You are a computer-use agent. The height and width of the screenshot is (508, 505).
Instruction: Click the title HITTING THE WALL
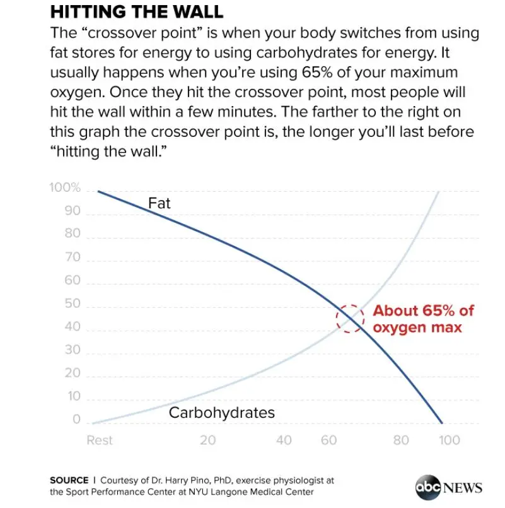point(136,12)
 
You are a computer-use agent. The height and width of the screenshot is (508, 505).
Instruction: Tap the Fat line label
point(160,203)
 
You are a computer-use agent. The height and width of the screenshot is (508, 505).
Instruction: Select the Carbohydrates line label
point(222,413)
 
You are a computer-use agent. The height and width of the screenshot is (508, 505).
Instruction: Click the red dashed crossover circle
point(350,318)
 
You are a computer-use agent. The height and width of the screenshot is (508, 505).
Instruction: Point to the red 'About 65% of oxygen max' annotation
point(423,319)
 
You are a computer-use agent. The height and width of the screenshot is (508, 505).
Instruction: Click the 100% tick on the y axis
point(65,188)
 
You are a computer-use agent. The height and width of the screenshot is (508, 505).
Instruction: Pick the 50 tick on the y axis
point(73,304)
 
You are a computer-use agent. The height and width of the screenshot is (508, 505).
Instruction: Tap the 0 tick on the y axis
point(76,420)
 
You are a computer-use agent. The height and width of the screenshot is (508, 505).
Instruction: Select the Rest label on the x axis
point(100,440)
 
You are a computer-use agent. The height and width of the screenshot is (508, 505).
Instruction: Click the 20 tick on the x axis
point(208,440)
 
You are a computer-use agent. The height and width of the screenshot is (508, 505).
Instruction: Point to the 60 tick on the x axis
point(329,440)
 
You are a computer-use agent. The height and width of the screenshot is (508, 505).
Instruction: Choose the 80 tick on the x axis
point(402,440)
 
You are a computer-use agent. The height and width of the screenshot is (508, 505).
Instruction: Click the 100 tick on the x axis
point(450,440)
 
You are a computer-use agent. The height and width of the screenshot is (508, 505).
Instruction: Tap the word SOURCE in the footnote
point(69,480)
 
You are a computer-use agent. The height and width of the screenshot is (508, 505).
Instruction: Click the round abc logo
point(427,487)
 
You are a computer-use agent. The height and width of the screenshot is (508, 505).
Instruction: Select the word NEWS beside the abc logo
point(463,488)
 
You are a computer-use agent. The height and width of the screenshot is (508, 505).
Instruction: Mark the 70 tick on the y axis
point(73,257)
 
